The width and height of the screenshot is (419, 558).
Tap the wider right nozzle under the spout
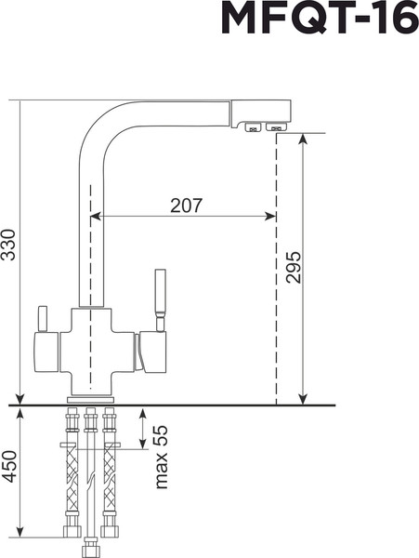(x=276, y=127)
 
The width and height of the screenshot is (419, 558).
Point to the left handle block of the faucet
(x=46, y=352)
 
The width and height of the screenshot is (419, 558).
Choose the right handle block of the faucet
(x=151, y=352)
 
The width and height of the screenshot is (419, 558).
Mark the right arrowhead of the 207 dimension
(x=270, y=218)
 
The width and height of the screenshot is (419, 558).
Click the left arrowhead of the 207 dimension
(x=96, y=218)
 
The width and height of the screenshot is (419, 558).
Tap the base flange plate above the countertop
(x=90, y=398)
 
